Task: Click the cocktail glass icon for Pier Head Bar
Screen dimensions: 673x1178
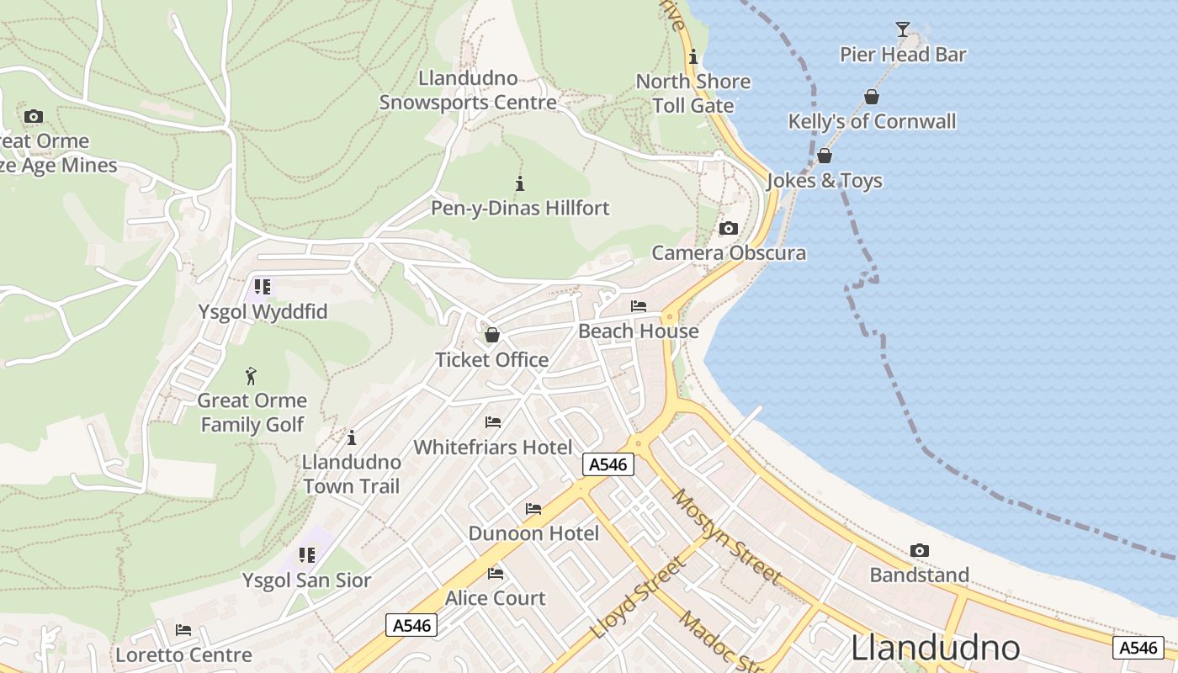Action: (x=903, y=30)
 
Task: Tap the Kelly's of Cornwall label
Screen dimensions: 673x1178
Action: (x=872, y=121)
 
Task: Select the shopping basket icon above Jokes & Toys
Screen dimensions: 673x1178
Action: (x=825, y=156)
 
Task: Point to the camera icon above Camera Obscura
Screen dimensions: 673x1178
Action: (x=729, y=228)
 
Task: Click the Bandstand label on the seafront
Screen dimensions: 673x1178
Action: (x=919, y=575)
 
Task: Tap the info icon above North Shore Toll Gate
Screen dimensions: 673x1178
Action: (x=692, y=57)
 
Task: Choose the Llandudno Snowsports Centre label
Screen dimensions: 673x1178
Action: (x=468, y=91)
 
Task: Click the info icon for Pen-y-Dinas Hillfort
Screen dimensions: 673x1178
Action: (x=520, y=183)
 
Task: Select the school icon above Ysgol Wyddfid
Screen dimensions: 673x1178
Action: (x=262, y=287)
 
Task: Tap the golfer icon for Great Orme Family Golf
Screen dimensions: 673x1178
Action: (x=251, y=376)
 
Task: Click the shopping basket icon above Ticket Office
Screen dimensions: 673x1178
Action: (x=492, y=335)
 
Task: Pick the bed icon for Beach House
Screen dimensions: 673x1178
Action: (x=639, y=306)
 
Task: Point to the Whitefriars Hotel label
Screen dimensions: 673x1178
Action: (x=492, y=447)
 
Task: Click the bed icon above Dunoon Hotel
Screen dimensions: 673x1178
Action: (x=533, y=509)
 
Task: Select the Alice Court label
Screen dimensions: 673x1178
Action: (x=495, y=598)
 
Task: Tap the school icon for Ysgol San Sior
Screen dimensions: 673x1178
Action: (x=307, y=555)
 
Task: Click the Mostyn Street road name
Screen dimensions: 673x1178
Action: (x=726, y=536)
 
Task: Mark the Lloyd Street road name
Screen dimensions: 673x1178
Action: (x=637, y=598)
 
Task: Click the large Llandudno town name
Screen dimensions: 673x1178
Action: (x=935, y=649)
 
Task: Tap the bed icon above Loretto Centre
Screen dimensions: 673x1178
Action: (x=183, y=630)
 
